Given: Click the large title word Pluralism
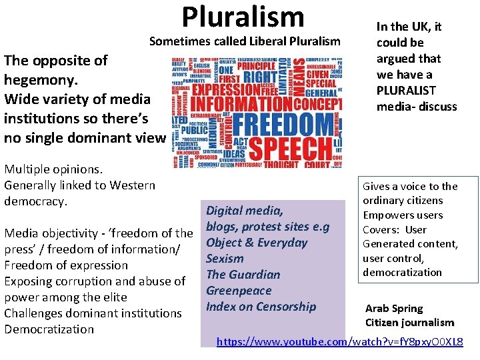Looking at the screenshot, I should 242,16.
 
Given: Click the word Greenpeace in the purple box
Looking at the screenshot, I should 239,291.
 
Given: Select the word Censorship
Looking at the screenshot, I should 285,307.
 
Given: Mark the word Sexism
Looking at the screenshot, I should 225,259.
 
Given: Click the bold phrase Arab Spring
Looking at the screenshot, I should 394,309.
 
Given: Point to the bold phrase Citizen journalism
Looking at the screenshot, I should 409,323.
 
